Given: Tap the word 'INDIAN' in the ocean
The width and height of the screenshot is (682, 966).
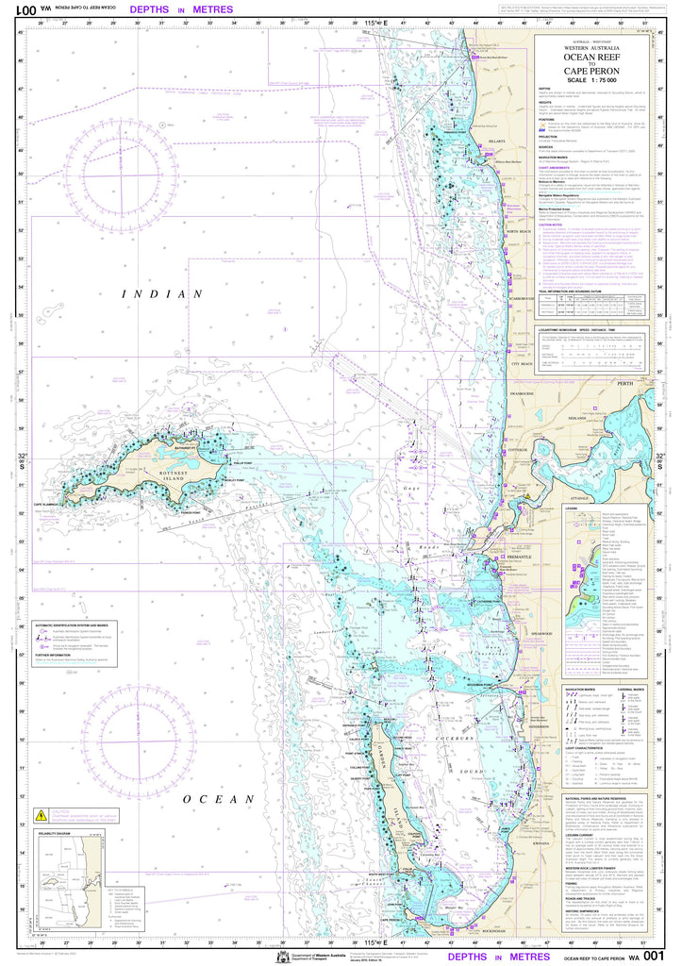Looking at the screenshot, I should (162, 294).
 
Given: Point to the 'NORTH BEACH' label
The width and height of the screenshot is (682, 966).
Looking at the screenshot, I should (520, 231).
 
